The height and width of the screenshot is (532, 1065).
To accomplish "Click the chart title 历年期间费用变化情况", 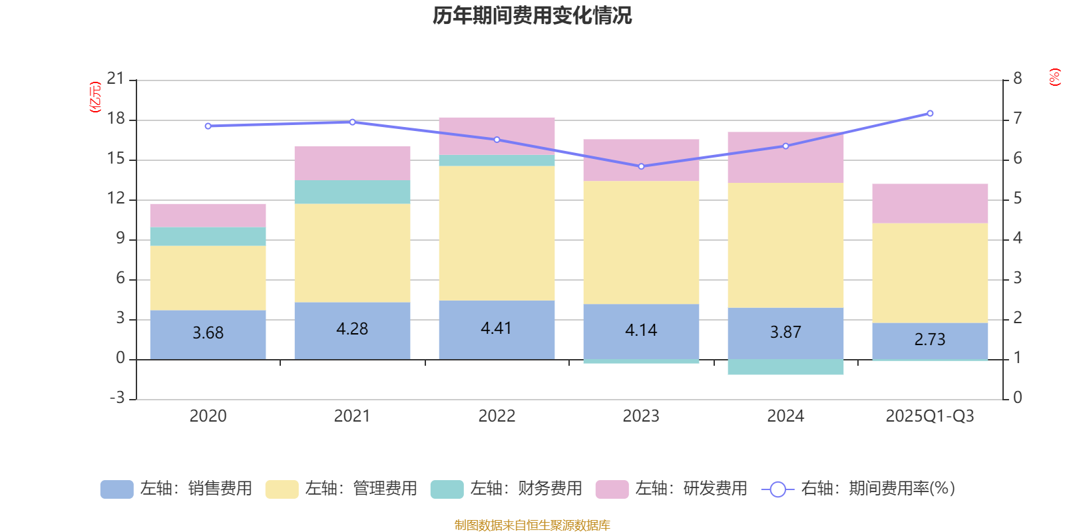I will click(x=532, y=15).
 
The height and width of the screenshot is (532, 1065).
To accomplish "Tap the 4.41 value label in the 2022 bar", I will click(x=497, y=329).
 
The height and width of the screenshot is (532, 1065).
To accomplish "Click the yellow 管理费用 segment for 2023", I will click(x=641, y=243).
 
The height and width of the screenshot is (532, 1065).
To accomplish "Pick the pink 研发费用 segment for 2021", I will click(x=352, y=164).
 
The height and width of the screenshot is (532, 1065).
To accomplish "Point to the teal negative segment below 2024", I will click(x=785, y=367).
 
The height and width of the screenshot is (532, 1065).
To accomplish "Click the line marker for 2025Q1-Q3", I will click(x=930, y=113).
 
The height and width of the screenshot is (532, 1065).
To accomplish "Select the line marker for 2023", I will click(x=641, y=166).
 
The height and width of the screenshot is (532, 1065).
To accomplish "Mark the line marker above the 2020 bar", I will click(x=208, y=126).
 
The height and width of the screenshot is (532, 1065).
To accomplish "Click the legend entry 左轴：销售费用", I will click(x=177, y=489).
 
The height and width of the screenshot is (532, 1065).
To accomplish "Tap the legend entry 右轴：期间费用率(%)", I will click(x=859, y=489).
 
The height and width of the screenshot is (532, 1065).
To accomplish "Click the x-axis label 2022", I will click(x=497, y=416).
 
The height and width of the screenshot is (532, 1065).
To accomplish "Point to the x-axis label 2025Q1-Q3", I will click(x=930, y=416).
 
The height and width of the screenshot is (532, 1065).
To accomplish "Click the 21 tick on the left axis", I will click(x=116, y=79).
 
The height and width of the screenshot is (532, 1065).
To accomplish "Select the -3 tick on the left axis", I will click(x=117, y=398).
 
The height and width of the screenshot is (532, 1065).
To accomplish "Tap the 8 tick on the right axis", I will click(x=1017, y=79).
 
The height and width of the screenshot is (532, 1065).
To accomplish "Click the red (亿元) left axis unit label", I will click(x=95, y=97).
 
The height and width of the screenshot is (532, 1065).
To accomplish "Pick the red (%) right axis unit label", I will click(x=1054, y=77).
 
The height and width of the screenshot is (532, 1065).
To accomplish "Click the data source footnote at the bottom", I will click(x=532, y=525).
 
